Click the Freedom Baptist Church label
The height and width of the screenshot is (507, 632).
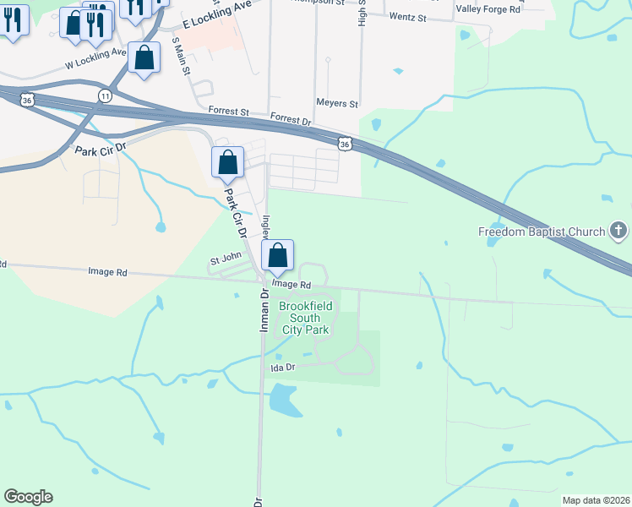pos(542,232)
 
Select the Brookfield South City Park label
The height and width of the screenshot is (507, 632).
pos(305,318)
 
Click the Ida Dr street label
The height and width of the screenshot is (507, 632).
pos(282,368)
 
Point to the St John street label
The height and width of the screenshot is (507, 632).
pos(226,255)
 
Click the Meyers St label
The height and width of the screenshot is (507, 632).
pos(337,103)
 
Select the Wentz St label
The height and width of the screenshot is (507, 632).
pos(408,16)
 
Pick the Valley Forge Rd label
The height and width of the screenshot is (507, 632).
pos(488,8)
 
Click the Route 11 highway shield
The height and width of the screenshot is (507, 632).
pos(105,95)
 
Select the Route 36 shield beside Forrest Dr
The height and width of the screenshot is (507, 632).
pos(344,144)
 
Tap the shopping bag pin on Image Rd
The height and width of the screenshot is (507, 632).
pos(278,256)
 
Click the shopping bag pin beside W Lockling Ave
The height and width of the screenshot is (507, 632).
pos(144,59)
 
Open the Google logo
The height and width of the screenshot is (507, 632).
pos(28,497)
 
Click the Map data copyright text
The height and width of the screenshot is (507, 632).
pos(596,500)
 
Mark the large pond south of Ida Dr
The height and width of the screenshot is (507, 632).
pos(285,401)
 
